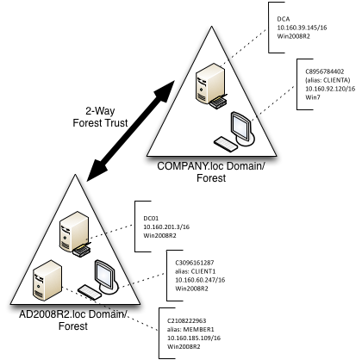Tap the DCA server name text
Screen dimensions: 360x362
tap(282, 17)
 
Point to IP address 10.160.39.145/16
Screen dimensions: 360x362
tap(302, 28)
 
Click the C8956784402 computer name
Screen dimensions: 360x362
tap(321, 65)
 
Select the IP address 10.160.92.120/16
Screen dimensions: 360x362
tap(325, 85)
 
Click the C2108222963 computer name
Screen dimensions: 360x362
tap(189, 318)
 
